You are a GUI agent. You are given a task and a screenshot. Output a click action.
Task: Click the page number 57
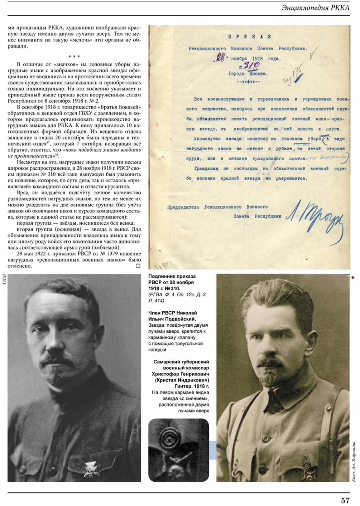coord(345,500)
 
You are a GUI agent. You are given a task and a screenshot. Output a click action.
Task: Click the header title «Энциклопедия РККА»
coord(315,8)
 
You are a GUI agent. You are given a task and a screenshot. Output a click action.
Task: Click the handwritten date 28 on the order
coord(220,58)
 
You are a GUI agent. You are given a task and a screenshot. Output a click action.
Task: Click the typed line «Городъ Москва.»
coord(248,74)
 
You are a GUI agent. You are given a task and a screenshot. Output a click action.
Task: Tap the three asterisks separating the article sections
coord(74,57)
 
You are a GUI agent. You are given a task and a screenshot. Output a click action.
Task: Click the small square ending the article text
coord(138,266)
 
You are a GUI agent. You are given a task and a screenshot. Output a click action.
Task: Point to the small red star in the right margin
coord(353,277)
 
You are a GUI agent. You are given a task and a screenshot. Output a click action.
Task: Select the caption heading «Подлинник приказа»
coord(172,276)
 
